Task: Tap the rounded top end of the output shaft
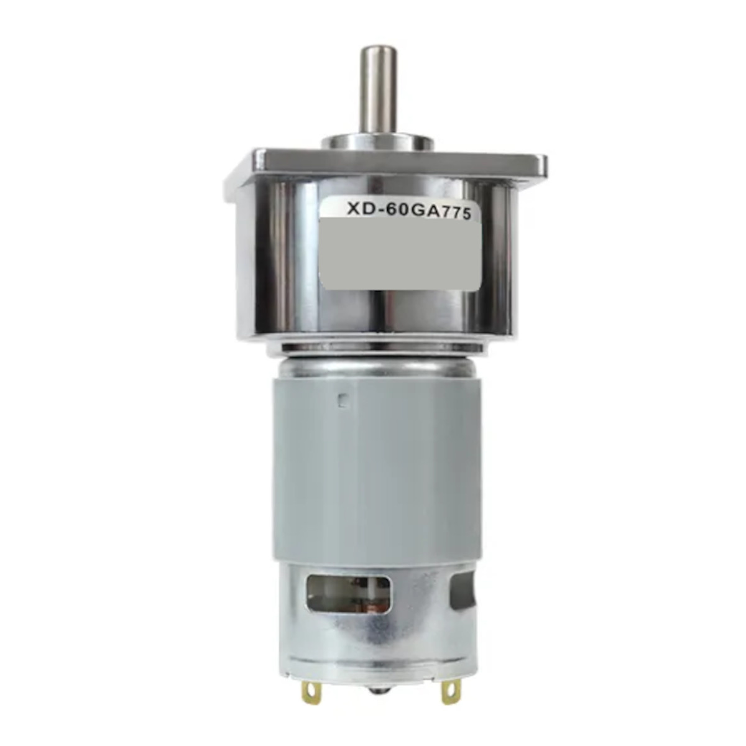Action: click(x=374, y=51)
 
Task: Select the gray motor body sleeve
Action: click(x=373, y=460)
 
